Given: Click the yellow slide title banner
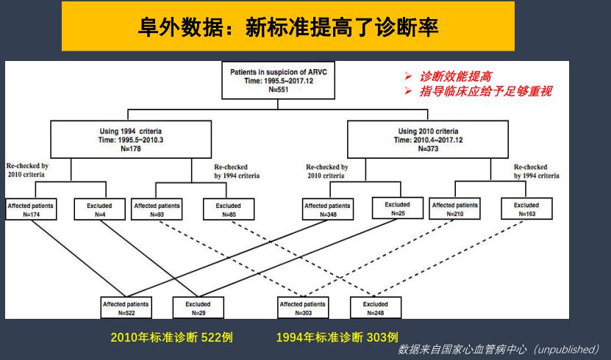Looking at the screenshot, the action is pyautogui.click(x=288, y=26).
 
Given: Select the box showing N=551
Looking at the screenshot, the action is pyautogui.click(x=278, y=80).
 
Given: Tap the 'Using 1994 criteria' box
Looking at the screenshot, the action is pyautogui.click(x=131, y=140).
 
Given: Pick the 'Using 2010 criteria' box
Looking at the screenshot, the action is pyautogui.click(x=428, y=140).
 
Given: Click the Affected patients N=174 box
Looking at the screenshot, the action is pyautogui.click(x=31, y=209).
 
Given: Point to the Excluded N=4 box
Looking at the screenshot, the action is pyautogui.click(x=100, y=209).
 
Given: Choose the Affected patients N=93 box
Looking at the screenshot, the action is pyautogui.click(x=157, y=209).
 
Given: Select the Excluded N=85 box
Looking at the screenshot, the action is pyautogui.click(x=229, y=209).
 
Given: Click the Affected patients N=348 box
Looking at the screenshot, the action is pyautogui.click(x=328, y=209).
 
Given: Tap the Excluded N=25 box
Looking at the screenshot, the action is pyautogui.click(x=398, y=208).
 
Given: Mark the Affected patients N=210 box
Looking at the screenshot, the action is pyautogui.click(x=454, y=209).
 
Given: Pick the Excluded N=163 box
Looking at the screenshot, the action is pyautogui.click(x=526, y=209).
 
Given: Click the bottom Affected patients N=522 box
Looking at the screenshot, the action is pyautogui.click(x=126, y=308).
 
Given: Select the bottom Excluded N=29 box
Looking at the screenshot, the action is pyautogui.click(x=199, y=308).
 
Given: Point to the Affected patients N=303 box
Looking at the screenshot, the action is pyautogui.click(x=303, y=308).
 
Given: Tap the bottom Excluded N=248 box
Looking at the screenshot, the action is pyautogui.click(x=376, y=308).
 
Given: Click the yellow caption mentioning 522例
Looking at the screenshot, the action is pyautogui.click(x=171, y=337).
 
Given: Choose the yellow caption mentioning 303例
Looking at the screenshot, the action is pyautogui.click(x=337, y=337).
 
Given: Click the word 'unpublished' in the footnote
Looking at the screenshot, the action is pyautogui.click(x=565, y=349).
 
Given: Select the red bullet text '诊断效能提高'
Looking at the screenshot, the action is pyautogui.click(x=456, y=76).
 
